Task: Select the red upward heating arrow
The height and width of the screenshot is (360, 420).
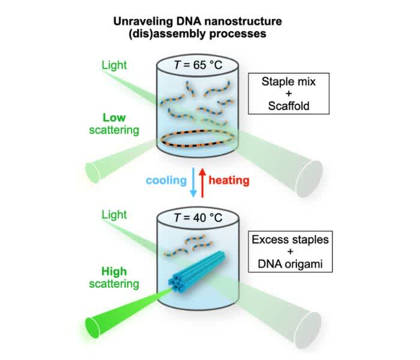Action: (203, 180)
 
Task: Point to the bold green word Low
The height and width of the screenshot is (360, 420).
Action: (114, 118)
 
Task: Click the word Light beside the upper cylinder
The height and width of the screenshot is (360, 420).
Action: (115, 64)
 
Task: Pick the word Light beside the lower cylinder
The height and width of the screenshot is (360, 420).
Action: (115, 215)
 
